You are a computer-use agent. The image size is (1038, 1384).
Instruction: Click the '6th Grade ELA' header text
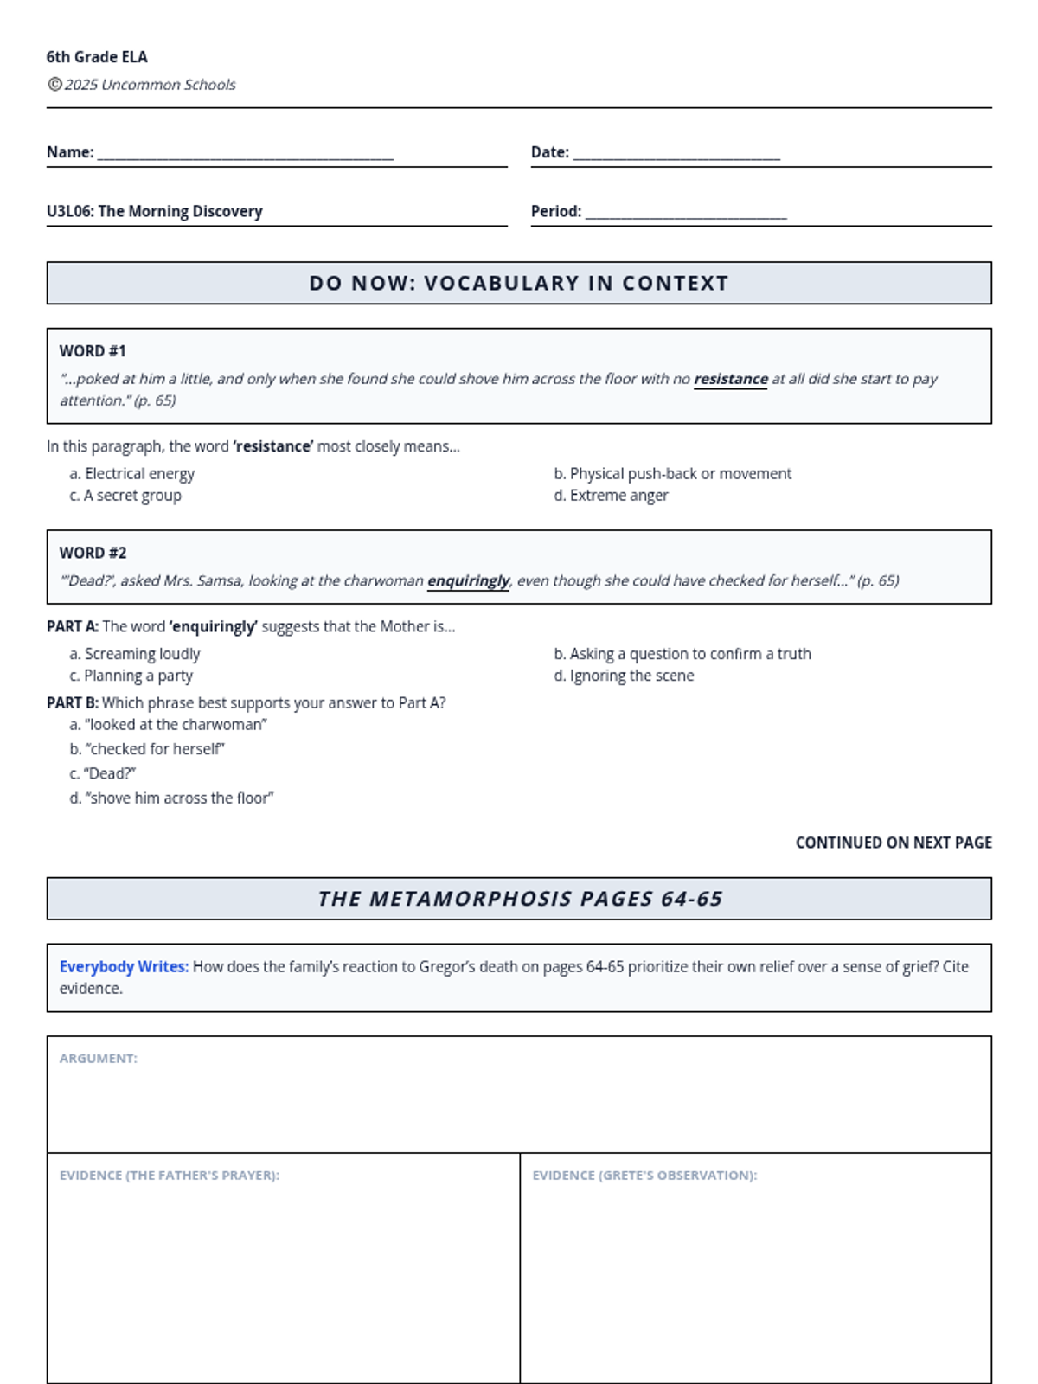coord(97,57)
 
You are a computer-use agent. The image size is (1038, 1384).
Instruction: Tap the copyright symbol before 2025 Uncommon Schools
coord(54,84)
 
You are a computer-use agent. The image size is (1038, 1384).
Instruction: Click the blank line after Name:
coord(246,156)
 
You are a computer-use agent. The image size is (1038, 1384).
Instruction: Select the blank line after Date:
coord(676,156)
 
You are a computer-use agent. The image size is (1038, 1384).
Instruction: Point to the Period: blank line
coord(686,215)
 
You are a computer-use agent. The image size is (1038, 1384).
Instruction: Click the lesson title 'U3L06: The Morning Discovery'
coord(155,211)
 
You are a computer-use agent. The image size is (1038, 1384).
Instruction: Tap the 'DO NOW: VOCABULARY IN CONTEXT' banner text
coord(519,283)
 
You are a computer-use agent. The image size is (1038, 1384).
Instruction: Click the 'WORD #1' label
coord(93,351)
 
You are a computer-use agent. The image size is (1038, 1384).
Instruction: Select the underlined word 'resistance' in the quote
coord(730,379)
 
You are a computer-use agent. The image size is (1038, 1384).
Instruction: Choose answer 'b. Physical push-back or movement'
coord(672,474)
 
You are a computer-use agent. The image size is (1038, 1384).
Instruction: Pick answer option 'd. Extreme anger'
coord(611,496)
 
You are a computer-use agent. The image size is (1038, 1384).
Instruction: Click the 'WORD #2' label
coord(93,553)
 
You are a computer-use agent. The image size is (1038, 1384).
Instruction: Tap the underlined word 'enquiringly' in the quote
coord(468,580)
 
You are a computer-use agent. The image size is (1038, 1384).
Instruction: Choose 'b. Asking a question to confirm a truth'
coord(682,654)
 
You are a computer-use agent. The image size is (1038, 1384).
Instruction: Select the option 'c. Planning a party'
coord(131,676)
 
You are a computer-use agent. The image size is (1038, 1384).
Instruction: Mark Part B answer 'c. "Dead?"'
coord(103,773)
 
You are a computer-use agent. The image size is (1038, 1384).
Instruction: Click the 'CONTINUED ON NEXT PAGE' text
coord(894,843)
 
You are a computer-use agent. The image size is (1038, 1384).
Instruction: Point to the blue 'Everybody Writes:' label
coord(124,967)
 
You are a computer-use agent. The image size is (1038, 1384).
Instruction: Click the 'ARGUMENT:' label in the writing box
coord(99,1059)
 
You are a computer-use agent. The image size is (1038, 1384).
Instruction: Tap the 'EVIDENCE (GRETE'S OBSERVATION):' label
coord(644,1176)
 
